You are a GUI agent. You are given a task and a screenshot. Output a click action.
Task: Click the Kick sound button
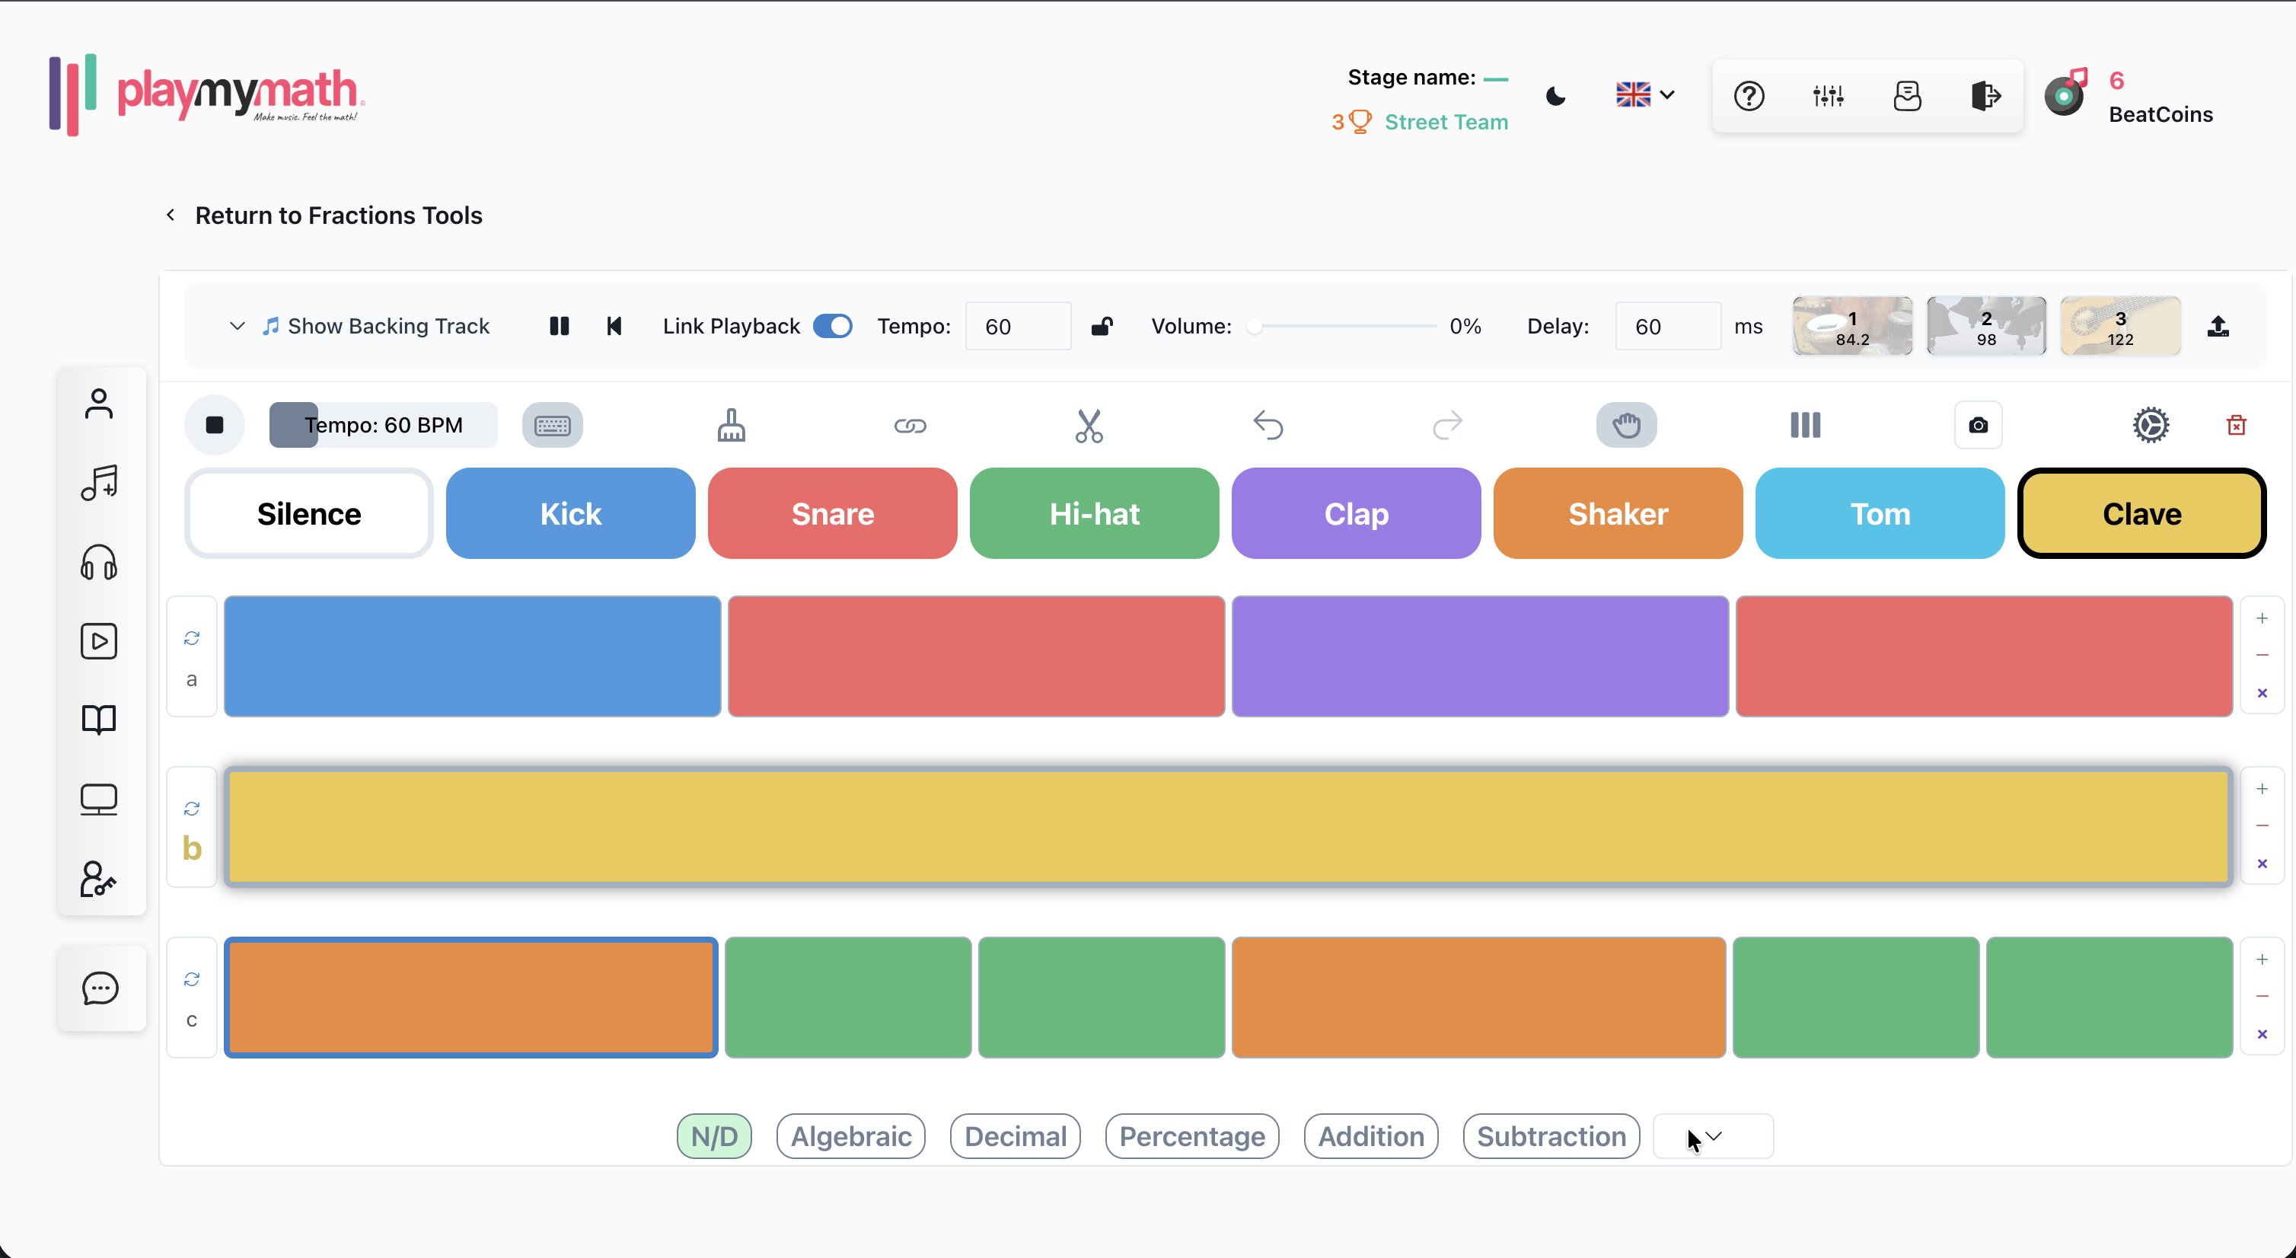(x=570, y=513)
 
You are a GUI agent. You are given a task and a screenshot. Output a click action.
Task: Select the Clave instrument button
(x=2141, y=513)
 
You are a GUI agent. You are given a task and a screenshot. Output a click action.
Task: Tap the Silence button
(x=308, y=513)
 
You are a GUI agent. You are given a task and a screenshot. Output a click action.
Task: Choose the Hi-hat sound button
(x=1095, y=513)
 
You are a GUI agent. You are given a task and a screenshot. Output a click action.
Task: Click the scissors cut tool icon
(x=1089, y=425)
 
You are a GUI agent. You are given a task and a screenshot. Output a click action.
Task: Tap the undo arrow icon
(x=1268, y=425)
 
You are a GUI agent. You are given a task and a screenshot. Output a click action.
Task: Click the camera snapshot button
(x=1978, y=425)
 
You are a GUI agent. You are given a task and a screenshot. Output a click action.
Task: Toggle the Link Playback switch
(x=833, y=327)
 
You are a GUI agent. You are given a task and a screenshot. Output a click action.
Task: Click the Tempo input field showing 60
(x=1018, y=327)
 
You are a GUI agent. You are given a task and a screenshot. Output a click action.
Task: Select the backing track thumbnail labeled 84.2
(x=1852, y=327)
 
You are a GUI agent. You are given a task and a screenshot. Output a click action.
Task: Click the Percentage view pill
(x=1191, y=1137)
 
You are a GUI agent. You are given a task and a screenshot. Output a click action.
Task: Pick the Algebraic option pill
(x=850, y=1137)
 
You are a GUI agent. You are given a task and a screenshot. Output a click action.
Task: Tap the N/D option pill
(x=714, y=1137)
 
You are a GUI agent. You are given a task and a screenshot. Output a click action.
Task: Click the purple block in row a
(x=1480, y=656)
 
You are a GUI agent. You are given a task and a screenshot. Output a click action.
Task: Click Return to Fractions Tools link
(x=338, y=216)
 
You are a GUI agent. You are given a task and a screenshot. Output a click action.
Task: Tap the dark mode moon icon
(x=1555, y=96)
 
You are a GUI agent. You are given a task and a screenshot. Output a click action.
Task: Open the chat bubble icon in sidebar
(x=100, y=988)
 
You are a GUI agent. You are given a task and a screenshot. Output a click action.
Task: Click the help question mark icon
(x=1749, y=96)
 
